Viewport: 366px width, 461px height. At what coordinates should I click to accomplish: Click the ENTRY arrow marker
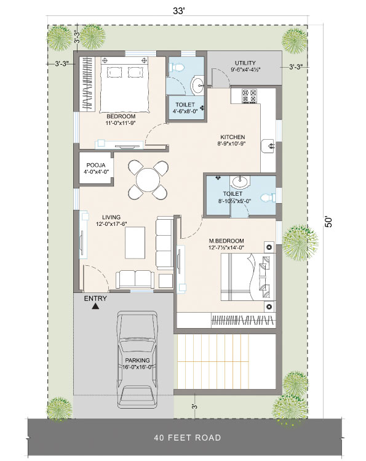(x=95, y=307)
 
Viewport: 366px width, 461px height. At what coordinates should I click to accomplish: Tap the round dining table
(x=148, y=180)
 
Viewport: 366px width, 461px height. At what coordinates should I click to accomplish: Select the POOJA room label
(x=96, y=165)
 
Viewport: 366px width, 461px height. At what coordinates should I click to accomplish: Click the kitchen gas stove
(x=249, y=95)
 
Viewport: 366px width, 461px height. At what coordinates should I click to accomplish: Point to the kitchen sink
(x=268, y=146)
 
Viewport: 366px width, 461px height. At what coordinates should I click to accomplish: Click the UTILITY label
(x=245, y=63)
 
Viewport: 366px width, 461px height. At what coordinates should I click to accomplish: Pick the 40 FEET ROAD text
(x=188, y=438)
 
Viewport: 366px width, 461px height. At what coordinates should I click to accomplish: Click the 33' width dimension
(x=178, y=11)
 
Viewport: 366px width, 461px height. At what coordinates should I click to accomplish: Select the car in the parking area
(x=137, y=359)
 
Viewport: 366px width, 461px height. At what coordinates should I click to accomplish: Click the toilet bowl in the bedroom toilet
(x=177, y=68)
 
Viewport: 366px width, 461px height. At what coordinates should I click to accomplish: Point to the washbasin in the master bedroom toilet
(x=240, y=182)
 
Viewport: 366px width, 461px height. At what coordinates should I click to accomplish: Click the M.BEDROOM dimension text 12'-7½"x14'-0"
(x=226, y=247)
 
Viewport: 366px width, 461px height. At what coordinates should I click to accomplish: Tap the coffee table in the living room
(x=135, y=243)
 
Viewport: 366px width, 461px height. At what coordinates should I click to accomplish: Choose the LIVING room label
(x=111, y=217)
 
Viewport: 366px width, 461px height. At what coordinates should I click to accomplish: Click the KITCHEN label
(x=233, y=137)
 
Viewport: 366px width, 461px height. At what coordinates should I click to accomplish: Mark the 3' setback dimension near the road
(x=194, y=407)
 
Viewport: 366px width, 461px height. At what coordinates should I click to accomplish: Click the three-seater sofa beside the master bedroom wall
(x=164, y=243)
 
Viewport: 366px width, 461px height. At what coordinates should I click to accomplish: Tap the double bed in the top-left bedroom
(x=124, y=84)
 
